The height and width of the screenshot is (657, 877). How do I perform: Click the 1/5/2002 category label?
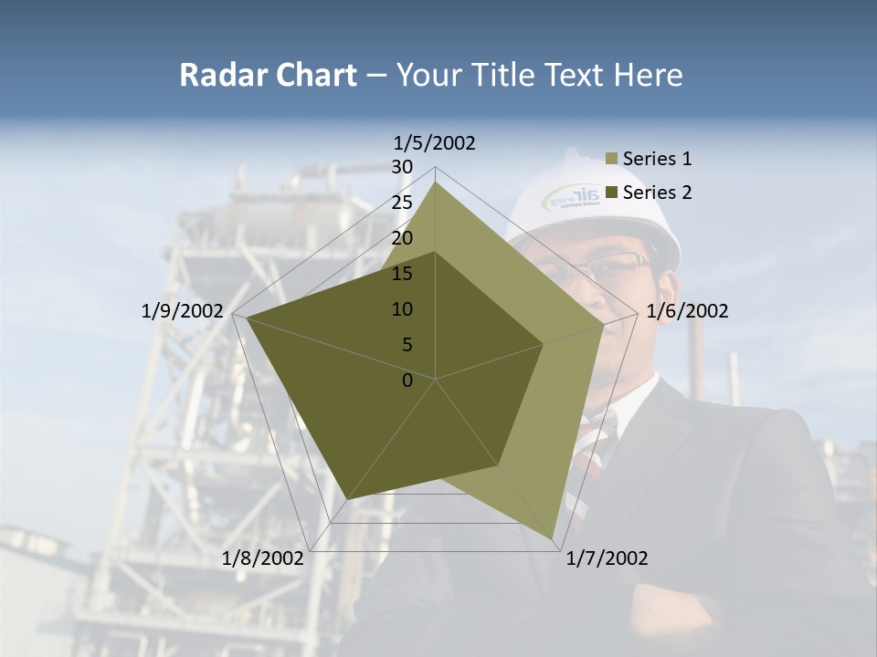point(434,142)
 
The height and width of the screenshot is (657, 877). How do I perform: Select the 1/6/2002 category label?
point(687,311)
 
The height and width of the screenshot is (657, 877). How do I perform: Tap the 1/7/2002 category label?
point(607,558)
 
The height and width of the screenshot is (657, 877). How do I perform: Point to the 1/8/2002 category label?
point(263,558)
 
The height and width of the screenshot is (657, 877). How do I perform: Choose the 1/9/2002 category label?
point(183,311)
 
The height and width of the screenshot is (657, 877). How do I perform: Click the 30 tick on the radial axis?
point(402,167)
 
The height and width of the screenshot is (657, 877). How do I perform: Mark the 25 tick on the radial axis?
point(402,203)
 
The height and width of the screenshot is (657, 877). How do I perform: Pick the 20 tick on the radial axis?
point(402,238)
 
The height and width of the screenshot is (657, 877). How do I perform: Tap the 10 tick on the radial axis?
point(402,309)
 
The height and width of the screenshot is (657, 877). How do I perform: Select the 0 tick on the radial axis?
point(407,381)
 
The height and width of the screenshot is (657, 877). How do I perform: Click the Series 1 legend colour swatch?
point(612,160)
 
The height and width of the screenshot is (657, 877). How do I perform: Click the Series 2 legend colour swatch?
point(612,193)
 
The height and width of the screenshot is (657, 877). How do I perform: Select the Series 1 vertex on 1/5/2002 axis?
point(436,181)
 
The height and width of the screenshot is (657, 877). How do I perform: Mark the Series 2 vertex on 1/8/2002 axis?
point(348,499)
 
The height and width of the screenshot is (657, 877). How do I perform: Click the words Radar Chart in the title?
point(268,75)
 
